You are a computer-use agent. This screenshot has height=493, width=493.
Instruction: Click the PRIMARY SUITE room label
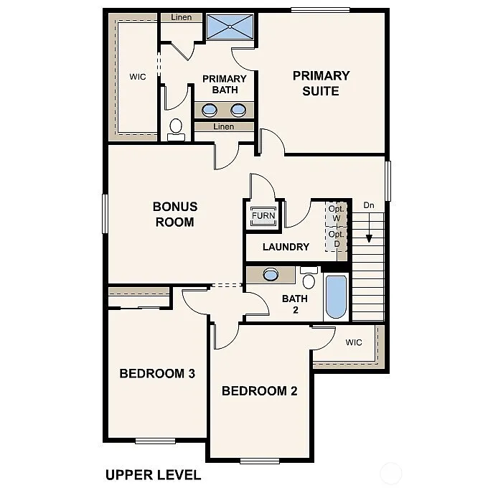[321, 83]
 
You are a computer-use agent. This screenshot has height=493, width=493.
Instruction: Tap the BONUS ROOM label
[174, 214]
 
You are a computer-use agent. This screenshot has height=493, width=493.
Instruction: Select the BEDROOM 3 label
[157, 373]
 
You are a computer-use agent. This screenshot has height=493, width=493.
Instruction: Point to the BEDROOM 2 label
[259, 391]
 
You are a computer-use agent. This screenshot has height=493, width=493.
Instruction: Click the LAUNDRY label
[286, 247]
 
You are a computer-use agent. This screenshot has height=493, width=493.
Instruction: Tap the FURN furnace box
[263, 216]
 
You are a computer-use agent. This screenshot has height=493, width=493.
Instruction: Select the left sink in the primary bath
[210, 110]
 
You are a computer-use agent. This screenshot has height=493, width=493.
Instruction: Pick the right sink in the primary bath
[238, 110]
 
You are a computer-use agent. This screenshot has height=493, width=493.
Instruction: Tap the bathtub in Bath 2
[336, 296]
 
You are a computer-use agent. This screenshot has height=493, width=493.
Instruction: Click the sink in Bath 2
[271, 274]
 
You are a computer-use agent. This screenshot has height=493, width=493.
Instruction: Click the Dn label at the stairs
[369, 205]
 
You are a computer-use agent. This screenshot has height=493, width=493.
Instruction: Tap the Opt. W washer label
[336, 213]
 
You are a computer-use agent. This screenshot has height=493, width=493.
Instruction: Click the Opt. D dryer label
[336, 239]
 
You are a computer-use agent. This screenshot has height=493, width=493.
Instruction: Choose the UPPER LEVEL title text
[153, 474]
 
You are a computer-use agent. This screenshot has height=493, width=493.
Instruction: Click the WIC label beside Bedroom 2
[354, 342]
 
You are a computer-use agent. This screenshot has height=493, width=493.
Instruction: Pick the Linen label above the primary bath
[182, 17]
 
